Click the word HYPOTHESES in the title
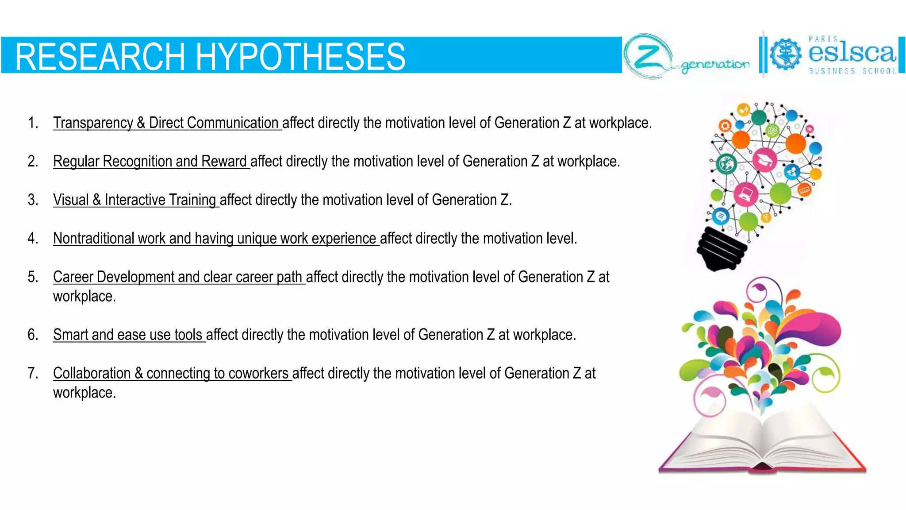(x=300, y=57)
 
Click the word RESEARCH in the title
(x=100, y=57)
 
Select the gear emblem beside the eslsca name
(x=785, y=55)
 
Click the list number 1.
(x=33, y=123)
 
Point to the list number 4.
(x=33, y=238)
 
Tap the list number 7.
(x=33, y=373)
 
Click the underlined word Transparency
(x=93, y=123)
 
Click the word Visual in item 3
(x=71, y=200)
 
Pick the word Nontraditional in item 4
(x=93, y=238)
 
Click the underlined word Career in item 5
(x=73, y=277)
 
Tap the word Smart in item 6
(x=70, y=335)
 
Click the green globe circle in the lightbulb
(x=726, y=164)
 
